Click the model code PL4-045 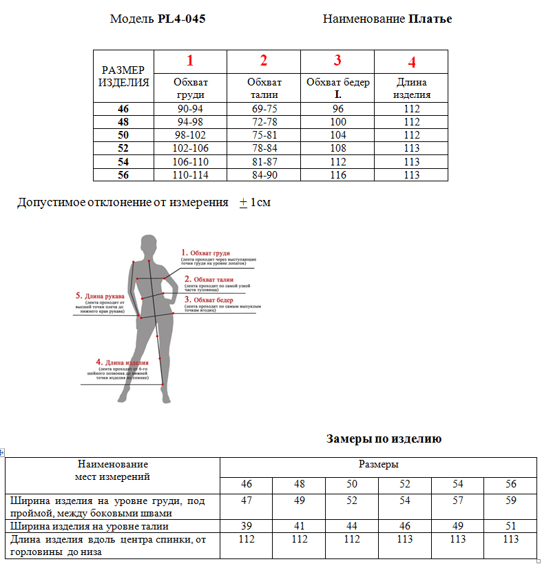tap(181, 19)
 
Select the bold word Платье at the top tap(430, 19)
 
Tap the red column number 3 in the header tap(337, 60)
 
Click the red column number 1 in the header tap(190, 60)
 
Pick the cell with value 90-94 tap(190, 109)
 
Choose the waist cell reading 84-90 tap(264, 175)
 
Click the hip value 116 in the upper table tap(338, 175)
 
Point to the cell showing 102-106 tap(190, 148)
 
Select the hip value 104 tap(338, 135)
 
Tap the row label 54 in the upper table tap(123, 161)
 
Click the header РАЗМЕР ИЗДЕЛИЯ tap(123, 77)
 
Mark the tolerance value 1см tap(260, 203)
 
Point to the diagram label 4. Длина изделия tap(123, 362)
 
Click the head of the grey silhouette tap(147, 245)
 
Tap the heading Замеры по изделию tap(384, 439)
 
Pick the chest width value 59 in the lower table tap(510, 501)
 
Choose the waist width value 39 tap(246, 526)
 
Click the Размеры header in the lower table tap(378, 465)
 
